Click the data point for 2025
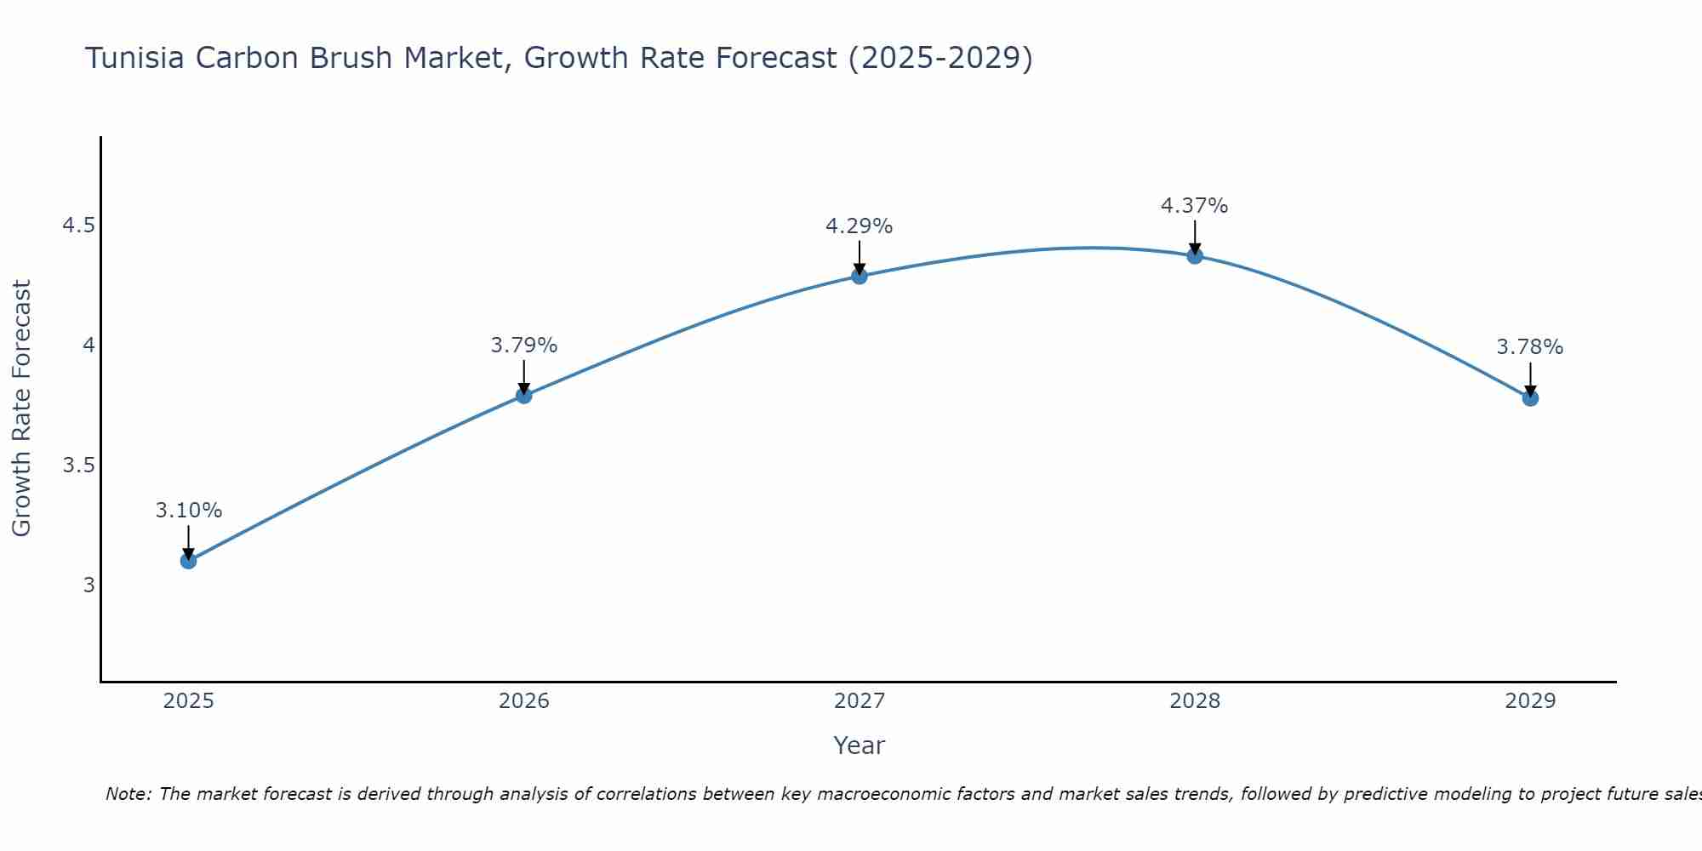tap(189, 561)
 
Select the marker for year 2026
tap(524, 395)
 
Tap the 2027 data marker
tap(860, 276)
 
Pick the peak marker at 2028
tap(1195, 256)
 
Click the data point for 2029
tap(1530, 397)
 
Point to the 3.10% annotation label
tap(189, 511)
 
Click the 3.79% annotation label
tap(524, 346)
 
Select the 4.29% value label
tap(860, 226)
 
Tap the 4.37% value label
tap(1195, 206)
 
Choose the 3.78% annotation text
tap(1530, 347)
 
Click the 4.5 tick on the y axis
tap(78, 226)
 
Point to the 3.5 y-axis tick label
tap(78, 465)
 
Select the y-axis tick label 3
tap(89, 585)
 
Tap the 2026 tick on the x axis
tap(524, 701)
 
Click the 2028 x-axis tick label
tap(1195, 701)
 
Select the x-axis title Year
tap(860, 745)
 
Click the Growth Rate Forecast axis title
tap(21, 408)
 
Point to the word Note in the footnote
tap(127, 794)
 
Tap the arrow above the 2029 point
tap(1530, 378)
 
